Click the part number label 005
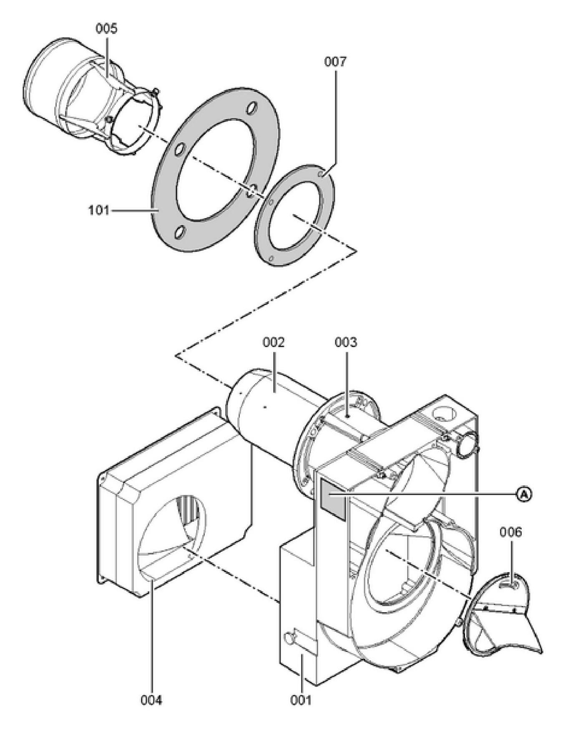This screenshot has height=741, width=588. pyautogui.click(x=106, y=28)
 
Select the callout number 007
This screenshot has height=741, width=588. pyautogui.click(x=335, y=62)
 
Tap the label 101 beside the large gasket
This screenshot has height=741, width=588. pyautogui.click(x=98, y=210)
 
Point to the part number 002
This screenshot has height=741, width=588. pyautogui.click(x=274, y=342)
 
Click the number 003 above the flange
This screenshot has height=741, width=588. pyautogui.click(x=346, y=342)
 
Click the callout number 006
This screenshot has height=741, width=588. pyautogui.click(x=511, y=532)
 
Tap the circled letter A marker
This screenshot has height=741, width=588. pyautogui.click(x=525, y=494)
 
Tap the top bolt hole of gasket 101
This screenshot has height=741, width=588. pyautogui.click(x=251, y=108)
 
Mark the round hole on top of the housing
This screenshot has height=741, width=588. pyautogui.click(x=443, y=414)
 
